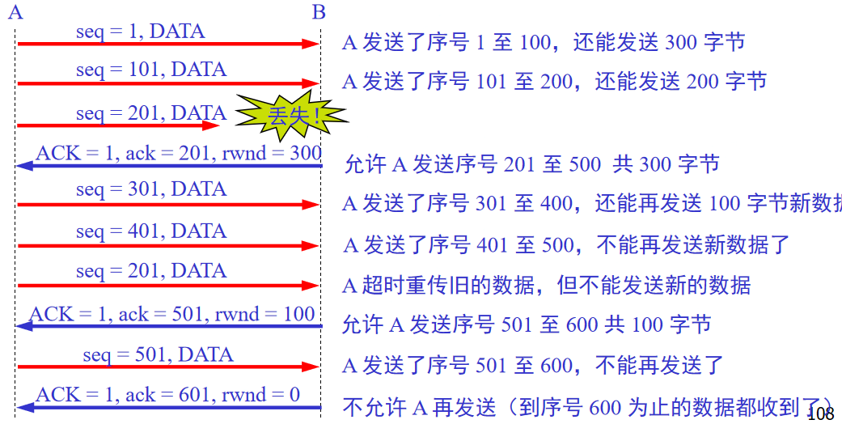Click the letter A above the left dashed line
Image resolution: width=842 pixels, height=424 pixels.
point(15,11)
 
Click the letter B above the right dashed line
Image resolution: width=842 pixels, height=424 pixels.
point(319,11)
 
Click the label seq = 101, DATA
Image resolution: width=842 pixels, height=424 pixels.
point(151,70)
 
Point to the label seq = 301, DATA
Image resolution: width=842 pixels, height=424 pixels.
point(151,190)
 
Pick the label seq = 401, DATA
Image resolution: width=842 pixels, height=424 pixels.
point(151,231)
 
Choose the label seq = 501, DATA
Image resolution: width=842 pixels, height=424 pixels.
point(158,354)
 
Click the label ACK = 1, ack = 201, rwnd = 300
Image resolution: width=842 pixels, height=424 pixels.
point(179,153)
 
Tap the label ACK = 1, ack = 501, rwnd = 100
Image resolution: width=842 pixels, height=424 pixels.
point(172,314)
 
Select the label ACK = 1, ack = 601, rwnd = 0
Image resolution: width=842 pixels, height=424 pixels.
point(167,395)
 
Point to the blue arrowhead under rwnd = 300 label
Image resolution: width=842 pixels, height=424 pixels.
point(25,166)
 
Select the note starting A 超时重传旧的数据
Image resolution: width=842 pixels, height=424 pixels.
point(547,285)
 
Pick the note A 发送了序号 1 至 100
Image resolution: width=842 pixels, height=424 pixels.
point(543,42)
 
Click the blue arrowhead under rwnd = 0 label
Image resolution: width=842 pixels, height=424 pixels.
point(25,407)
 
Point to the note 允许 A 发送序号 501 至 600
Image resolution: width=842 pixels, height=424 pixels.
point(527,325)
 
